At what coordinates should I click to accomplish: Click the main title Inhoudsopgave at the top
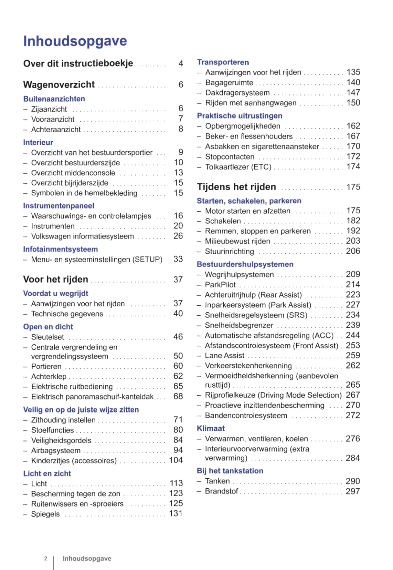tap(75, 41)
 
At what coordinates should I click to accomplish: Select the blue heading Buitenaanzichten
tap(54, 99)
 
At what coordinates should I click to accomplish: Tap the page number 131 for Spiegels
tap(176, 513)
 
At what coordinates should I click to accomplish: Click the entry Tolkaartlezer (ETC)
tap(238, 167)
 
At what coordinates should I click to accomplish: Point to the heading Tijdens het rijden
tap(236, 187)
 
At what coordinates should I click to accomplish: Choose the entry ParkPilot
tap(220, 285)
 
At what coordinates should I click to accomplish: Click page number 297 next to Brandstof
tap(353, 491)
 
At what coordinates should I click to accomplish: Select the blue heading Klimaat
tap(211, 428)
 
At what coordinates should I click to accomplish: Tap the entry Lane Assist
tap(224, 356)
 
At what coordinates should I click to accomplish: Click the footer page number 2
tap(45, 559)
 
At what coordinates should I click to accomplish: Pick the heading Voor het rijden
tap(56, 279)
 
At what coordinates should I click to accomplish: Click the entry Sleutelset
tap(47, 337)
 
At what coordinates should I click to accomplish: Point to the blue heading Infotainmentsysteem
tap(61, 249)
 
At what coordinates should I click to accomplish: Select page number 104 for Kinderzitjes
tap(176, 460)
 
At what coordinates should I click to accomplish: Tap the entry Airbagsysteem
tap(56, 450)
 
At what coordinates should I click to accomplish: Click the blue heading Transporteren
tap(223, 62)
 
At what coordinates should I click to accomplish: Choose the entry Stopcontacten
tap(230, 157)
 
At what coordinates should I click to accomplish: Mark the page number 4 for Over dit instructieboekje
tap(181, 63)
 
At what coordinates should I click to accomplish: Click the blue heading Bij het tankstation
tap(230, 471)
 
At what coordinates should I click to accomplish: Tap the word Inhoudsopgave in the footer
tap(87, 559)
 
